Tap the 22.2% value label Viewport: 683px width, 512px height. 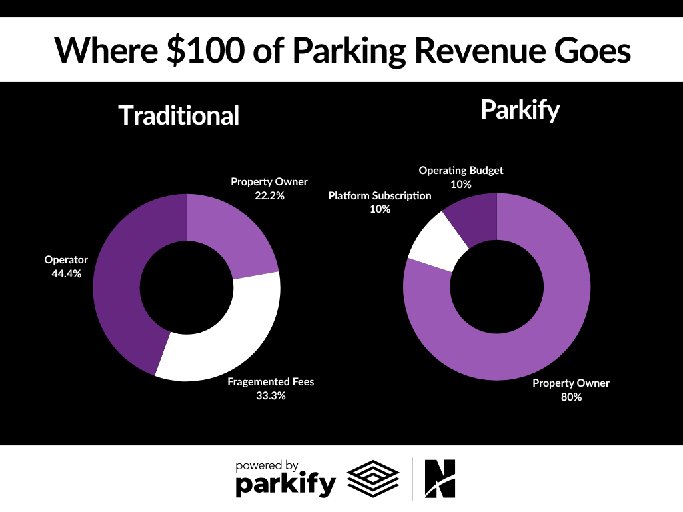tap(269, 195)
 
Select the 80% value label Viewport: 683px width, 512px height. tap(571, 397)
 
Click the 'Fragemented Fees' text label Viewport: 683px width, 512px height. tap(270, 382)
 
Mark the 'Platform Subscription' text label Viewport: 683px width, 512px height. tap(380, 196)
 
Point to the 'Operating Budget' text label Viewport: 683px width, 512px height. tap(460, 171)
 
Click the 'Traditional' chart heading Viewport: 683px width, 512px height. tap(179, 115)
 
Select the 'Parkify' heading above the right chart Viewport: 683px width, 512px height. tap(520, 110)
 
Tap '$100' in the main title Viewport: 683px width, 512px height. tap(207, 50)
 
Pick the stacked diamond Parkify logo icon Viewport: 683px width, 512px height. tap(373, 478)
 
